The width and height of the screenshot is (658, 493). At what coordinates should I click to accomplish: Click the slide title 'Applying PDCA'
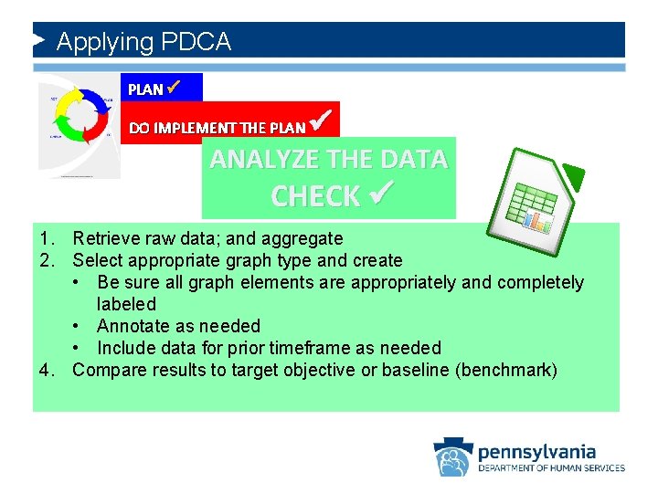point(143,42)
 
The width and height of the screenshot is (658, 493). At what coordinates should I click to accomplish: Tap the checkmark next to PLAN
point(175,88)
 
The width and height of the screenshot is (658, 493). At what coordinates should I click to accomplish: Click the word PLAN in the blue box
point(145,89)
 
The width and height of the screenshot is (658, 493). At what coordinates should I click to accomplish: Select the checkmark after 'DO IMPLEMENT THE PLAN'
point(319,120)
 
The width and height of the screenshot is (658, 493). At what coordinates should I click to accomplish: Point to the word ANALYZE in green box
point(265,160)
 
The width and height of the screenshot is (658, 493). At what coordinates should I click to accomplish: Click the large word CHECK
point(315,196)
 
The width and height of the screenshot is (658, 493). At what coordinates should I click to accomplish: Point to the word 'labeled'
point(126,304)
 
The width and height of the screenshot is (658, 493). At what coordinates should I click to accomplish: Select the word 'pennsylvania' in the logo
point(536,451)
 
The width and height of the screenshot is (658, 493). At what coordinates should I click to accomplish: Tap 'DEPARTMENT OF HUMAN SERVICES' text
point(551,468)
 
